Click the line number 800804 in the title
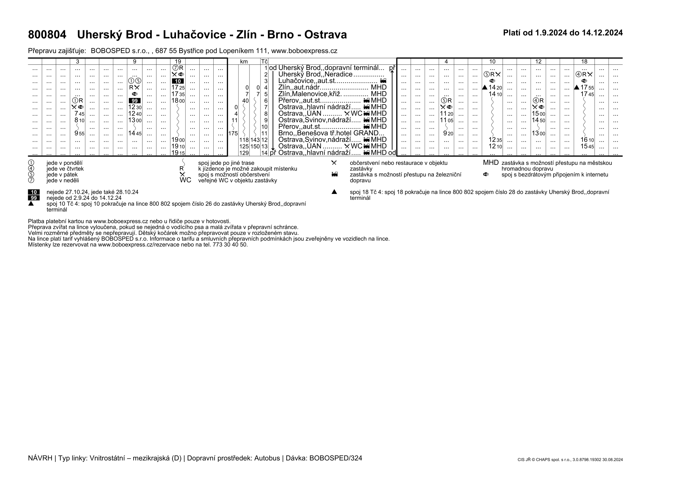[x=47, y=35]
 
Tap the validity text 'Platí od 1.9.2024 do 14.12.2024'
[x=563, y=33]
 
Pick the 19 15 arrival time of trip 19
[x=178, y=153]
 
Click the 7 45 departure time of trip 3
[x=79, y=114]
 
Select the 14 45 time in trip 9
[x=135, y=133]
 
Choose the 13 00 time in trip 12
[x=538, y=133]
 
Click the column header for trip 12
[x=538, y=62]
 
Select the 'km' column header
[x=244, y=62]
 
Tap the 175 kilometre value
[x=233, y=133]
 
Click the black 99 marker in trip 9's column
[x=135, y=101]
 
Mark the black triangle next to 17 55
[x=576, y=87]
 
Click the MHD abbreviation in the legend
[x=490, y=163]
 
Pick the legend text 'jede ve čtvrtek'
[x=65, y=169]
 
